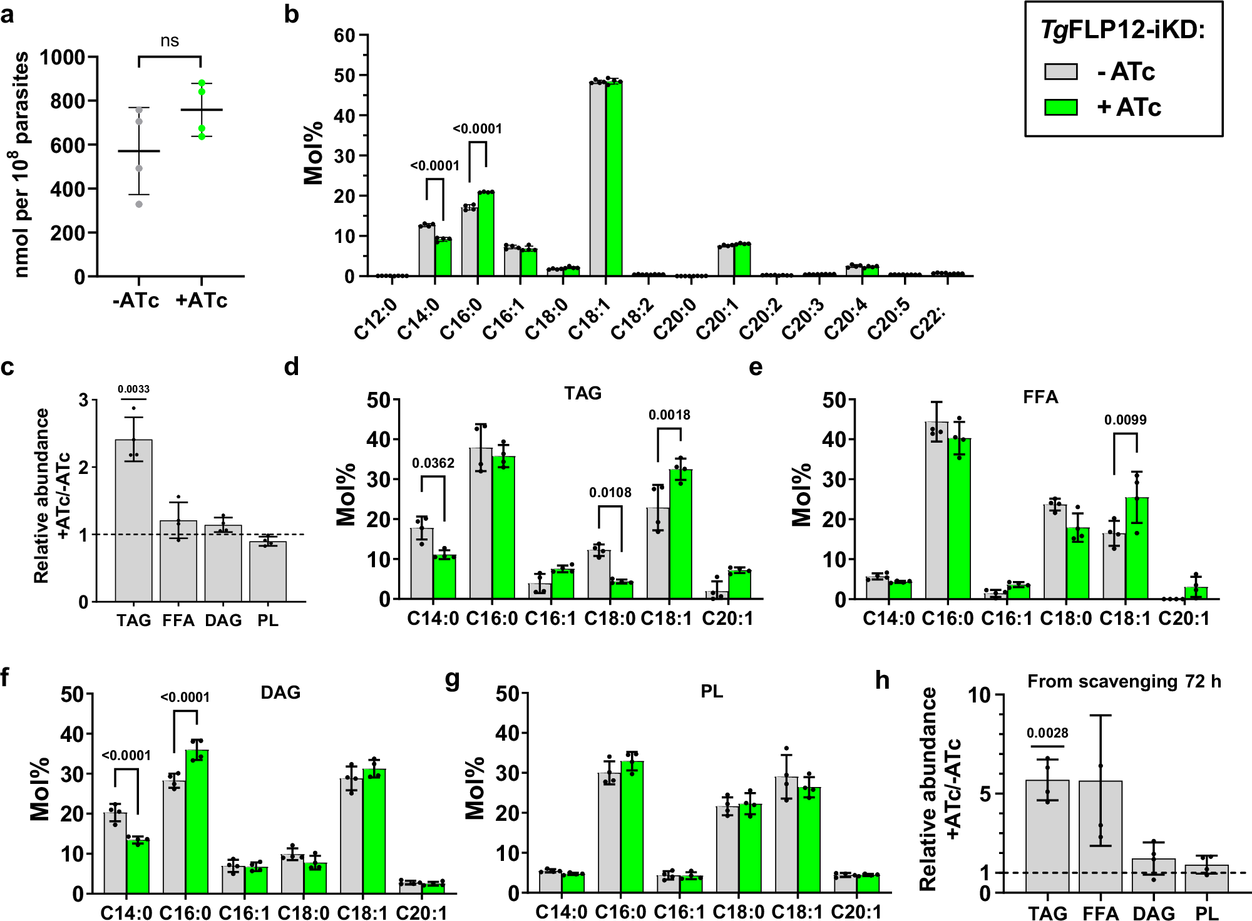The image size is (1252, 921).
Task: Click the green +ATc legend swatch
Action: pos(1060,108)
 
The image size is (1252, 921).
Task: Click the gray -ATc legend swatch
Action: pos(1060,71)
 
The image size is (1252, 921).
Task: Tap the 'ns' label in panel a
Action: pos(170,41)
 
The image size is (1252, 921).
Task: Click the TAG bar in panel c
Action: pos(134,520)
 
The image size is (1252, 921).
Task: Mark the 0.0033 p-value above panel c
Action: pos(133,389)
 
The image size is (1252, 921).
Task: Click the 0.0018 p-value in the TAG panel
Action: pos(669,415)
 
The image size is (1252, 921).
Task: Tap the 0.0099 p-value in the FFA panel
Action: pos(1125,420)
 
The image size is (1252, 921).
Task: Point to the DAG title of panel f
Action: pos(280,692)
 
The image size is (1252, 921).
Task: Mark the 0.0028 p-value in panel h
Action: pos(1047,733)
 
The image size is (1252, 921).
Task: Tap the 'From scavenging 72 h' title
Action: pos(1124,681)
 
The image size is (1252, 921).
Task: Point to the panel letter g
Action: pos(452,679)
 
